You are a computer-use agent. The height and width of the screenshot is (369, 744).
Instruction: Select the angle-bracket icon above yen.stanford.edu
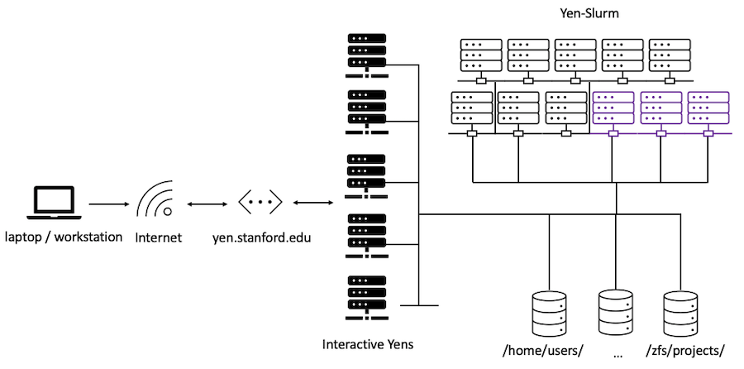coord(260,202)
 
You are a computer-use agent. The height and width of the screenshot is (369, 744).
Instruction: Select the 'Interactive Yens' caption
coord(367,343)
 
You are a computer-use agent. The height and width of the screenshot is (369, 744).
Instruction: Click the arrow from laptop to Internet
coord(105,203)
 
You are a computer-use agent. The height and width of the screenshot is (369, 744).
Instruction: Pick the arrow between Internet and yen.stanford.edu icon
coord(207,203)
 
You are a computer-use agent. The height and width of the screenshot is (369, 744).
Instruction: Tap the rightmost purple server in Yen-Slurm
coord(708,108)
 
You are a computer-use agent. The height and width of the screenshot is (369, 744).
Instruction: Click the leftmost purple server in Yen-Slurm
coord(613,108)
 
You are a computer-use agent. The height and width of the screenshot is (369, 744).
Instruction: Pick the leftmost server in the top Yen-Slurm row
coord(482,56)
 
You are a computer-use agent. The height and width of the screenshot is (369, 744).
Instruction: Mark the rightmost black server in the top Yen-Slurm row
coord(670,56)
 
